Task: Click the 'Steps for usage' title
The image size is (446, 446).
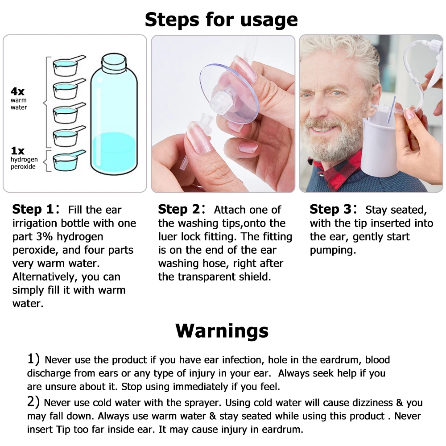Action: pos(221,20)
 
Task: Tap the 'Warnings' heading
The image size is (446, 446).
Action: pos(222,330)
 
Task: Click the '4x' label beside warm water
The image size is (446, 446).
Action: pos(18,91)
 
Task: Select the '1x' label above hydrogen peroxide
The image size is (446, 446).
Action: pos(18,150)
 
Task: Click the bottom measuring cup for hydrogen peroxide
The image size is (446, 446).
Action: pos(68,161)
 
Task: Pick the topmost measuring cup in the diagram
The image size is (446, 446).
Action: pos(68,66)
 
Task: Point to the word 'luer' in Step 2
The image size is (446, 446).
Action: pos(168,236)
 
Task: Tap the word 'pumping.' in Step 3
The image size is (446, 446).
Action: pos(333,251)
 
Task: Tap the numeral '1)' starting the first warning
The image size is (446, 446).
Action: pos(33,359)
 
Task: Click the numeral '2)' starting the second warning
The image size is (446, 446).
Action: pos(33,402)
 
